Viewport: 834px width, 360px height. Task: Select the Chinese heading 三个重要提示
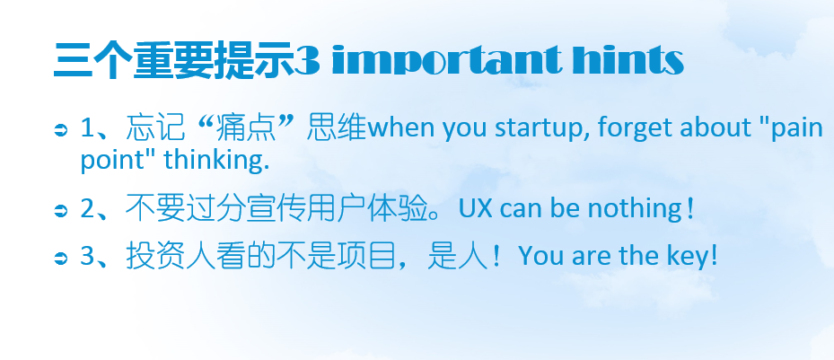click(174, 60)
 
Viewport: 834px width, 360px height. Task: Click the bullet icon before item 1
click(62, 130)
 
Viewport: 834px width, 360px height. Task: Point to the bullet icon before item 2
click(62, 211)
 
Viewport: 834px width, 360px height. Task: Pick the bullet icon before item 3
click(62, 259)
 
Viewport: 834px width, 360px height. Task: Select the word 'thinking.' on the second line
click(216, 160)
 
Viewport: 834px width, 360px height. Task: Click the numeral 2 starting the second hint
click(88, 209)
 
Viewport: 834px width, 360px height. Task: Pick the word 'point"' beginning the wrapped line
click(113, 160)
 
